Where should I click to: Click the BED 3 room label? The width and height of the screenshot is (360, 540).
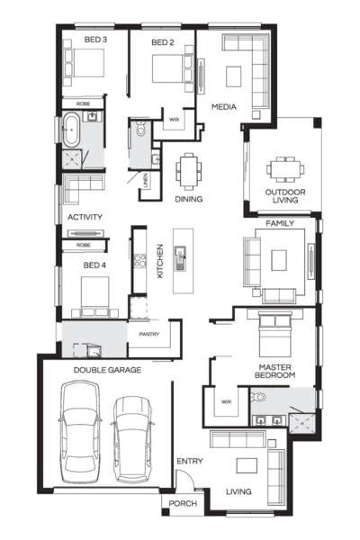point(95,40)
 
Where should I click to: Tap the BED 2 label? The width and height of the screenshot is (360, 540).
point(161,42)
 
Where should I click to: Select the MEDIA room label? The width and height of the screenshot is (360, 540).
point(223,107)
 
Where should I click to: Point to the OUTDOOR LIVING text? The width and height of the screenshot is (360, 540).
point(285,197)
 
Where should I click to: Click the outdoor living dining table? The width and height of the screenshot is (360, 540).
point(284,167)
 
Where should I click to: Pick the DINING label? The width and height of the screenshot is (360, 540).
point(188,199)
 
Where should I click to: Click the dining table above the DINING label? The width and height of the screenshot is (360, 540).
point(188,169)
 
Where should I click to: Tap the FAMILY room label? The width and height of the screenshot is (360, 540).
point(280,222)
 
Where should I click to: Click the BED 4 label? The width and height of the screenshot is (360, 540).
point(94,265)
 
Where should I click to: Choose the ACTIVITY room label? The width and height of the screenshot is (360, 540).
point(85,217)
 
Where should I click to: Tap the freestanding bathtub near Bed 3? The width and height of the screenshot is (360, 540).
point(69,130)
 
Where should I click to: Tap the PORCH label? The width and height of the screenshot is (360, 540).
point(184,504)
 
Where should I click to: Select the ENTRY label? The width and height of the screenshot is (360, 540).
point(189,462)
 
